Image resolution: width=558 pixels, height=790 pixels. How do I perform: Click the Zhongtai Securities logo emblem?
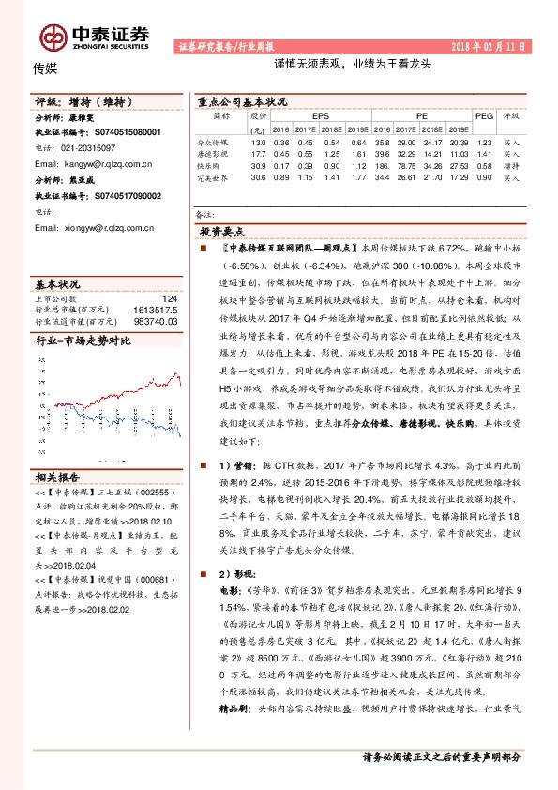click(x=53, y=37)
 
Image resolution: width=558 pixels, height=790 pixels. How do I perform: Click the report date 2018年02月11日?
click(x=490, y=46)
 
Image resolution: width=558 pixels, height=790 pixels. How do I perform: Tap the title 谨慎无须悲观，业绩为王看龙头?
click(x=352, y=66)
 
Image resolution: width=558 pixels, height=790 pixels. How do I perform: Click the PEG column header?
click(x=484, y=116)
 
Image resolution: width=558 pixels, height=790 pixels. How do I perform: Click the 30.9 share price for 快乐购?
click(x=259, y=166)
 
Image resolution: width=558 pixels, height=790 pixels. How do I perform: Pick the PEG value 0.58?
click(x=484, y=166)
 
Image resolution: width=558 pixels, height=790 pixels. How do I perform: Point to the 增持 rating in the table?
click(x=511, y=166)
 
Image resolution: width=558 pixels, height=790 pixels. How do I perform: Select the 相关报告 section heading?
click(x=57, y=476)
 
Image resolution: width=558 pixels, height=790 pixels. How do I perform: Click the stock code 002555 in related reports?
click(x=157, y=491)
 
